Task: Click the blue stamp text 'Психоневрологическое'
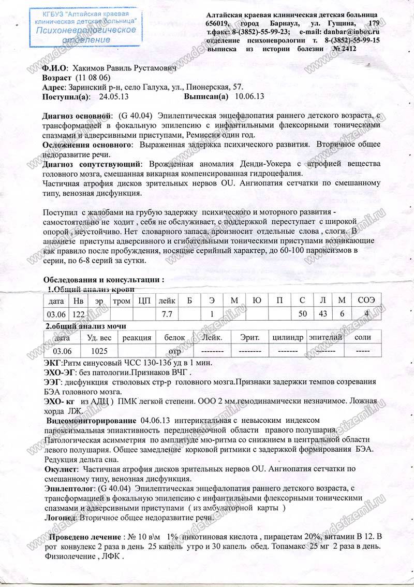coord(86,30)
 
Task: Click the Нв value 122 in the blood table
coord(78,314)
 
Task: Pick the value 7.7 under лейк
coord(167,314)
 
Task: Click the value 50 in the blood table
coord(302,314)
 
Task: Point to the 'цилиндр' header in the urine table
coord(287,338)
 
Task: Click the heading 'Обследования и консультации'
coord(103,280)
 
